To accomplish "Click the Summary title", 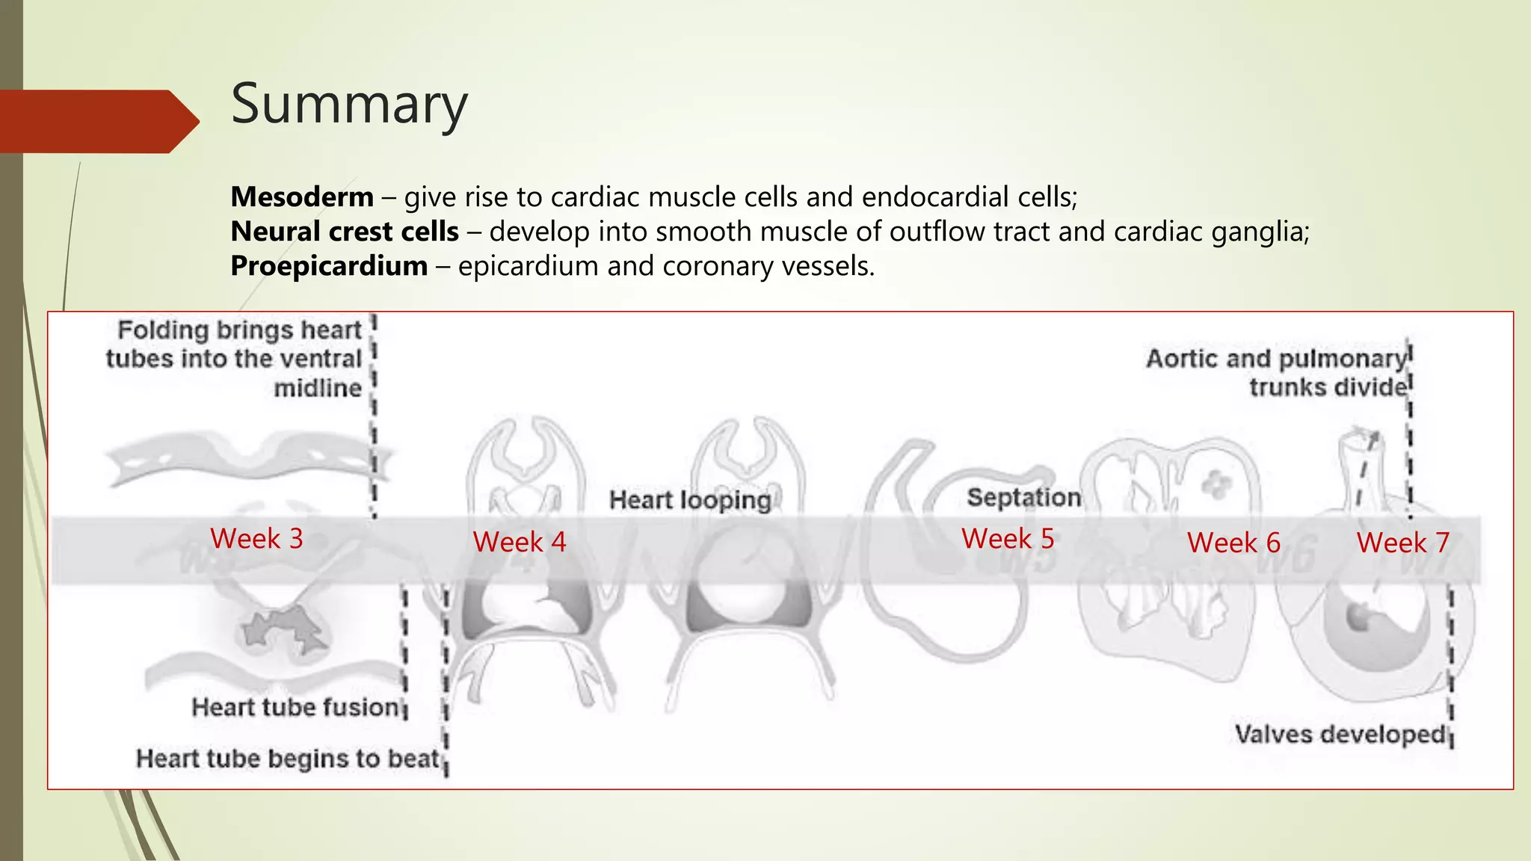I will point(349,104).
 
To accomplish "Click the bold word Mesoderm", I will point(302,197).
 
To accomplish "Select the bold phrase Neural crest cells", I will point(345,232).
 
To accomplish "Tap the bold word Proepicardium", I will point(329,266).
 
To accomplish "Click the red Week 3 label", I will point(256,539).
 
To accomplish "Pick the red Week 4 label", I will point(520,542).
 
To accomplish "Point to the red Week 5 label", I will point(1008,539).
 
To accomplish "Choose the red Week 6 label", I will point(1233,543).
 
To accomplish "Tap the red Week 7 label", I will point(1403,543).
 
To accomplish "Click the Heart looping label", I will point(689,500).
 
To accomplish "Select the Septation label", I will point(1023,497).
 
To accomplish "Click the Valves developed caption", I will point(1340,734).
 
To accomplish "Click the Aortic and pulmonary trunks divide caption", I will point(1277,373).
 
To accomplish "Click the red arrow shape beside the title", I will point(97,121).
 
